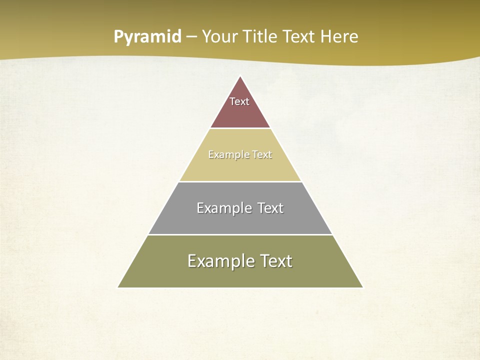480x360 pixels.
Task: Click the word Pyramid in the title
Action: tap(147, 37)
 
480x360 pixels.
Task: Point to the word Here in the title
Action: tap(339, 37)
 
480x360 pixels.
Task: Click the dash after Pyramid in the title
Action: tap(191, 37)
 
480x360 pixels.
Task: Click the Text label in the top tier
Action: tap(239, 101)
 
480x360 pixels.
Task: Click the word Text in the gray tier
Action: tap(270, 208)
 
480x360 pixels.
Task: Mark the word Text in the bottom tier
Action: tap(274, 261)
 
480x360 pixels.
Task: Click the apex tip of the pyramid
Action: tap(240, 76)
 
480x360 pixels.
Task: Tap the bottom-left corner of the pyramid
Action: tap(118, 287)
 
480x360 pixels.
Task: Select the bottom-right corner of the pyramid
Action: tap(362, 287)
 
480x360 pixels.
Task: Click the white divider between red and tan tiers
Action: tap(240, 128)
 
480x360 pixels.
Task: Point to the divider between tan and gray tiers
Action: tap(240, 181)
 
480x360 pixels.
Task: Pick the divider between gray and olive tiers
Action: tap(240, 234)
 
